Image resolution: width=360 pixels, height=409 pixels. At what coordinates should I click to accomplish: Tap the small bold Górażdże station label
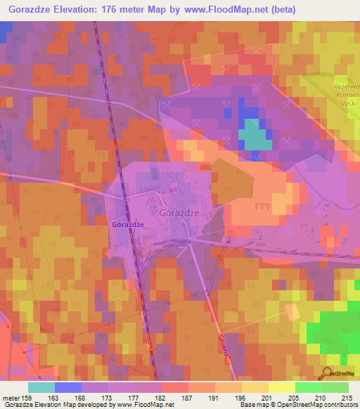[127, 223]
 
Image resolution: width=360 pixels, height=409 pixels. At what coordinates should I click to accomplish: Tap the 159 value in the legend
[27, 398]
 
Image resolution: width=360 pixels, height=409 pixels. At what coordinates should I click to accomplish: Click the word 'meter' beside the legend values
[10, 398]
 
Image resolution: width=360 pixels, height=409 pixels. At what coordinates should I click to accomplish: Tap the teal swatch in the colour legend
[41, 387]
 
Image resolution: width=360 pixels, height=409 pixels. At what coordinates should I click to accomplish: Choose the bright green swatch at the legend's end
[335, 387]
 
